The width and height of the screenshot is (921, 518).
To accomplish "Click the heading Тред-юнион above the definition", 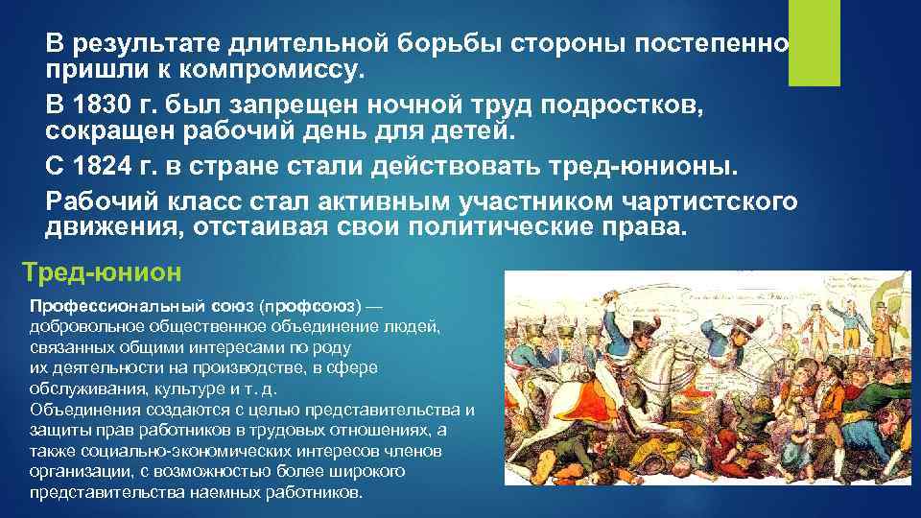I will pyautogui.click(x=101, y=272).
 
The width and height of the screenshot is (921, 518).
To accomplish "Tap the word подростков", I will pyautogui.click(x=633, y=104).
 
